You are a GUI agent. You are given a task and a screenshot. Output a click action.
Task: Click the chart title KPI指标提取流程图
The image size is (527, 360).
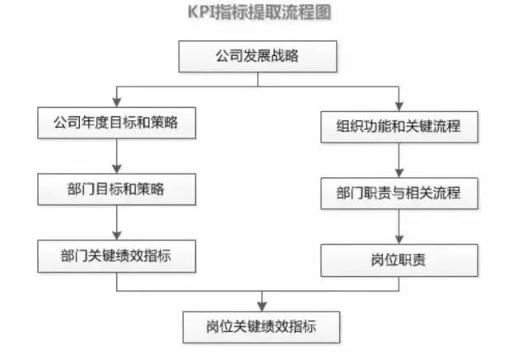259,12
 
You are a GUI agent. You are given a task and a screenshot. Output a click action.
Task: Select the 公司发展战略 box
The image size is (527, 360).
258,57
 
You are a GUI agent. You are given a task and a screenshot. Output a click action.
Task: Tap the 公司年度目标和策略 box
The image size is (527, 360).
117,123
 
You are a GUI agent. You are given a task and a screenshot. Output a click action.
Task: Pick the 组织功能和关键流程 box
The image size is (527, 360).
399,127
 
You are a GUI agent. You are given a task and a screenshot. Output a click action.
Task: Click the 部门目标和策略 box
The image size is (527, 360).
117,189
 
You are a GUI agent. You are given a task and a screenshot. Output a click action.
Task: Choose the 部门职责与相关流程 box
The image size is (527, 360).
399,194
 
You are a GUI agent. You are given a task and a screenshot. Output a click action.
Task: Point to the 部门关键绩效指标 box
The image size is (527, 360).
117,256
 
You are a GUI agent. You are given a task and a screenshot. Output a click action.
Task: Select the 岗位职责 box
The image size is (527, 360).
399,260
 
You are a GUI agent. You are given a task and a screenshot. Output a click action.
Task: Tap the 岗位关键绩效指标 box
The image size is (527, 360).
262,327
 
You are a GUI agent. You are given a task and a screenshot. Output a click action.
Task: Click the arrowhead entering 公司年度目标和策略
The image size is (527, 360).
117,102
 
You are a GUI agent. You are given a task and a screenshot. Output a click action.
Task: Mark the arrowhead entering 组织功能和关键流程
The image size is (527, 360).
399,106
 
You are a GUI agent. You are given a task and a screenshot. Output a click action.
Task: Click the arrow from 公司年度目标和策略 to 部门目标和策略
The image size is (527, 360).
117,157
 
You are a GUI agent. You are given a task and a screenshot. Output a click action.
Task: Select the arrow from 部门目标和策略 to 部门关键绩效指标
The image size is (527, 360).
117,223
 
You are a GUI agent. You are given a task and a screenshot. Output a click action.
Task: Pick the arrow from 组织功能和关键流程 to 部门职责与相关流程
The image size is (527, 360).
399,161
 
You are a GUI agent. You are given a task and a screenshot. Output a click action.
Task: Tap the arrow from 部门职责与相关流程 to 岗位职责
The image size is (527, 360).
399,227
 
